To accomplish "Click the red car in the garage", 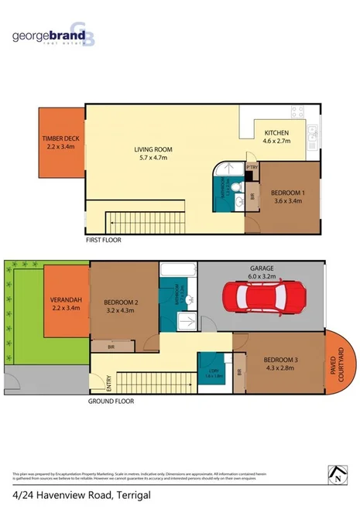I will point(258,297).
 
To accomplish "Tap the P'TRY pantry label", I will point(251,167).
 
